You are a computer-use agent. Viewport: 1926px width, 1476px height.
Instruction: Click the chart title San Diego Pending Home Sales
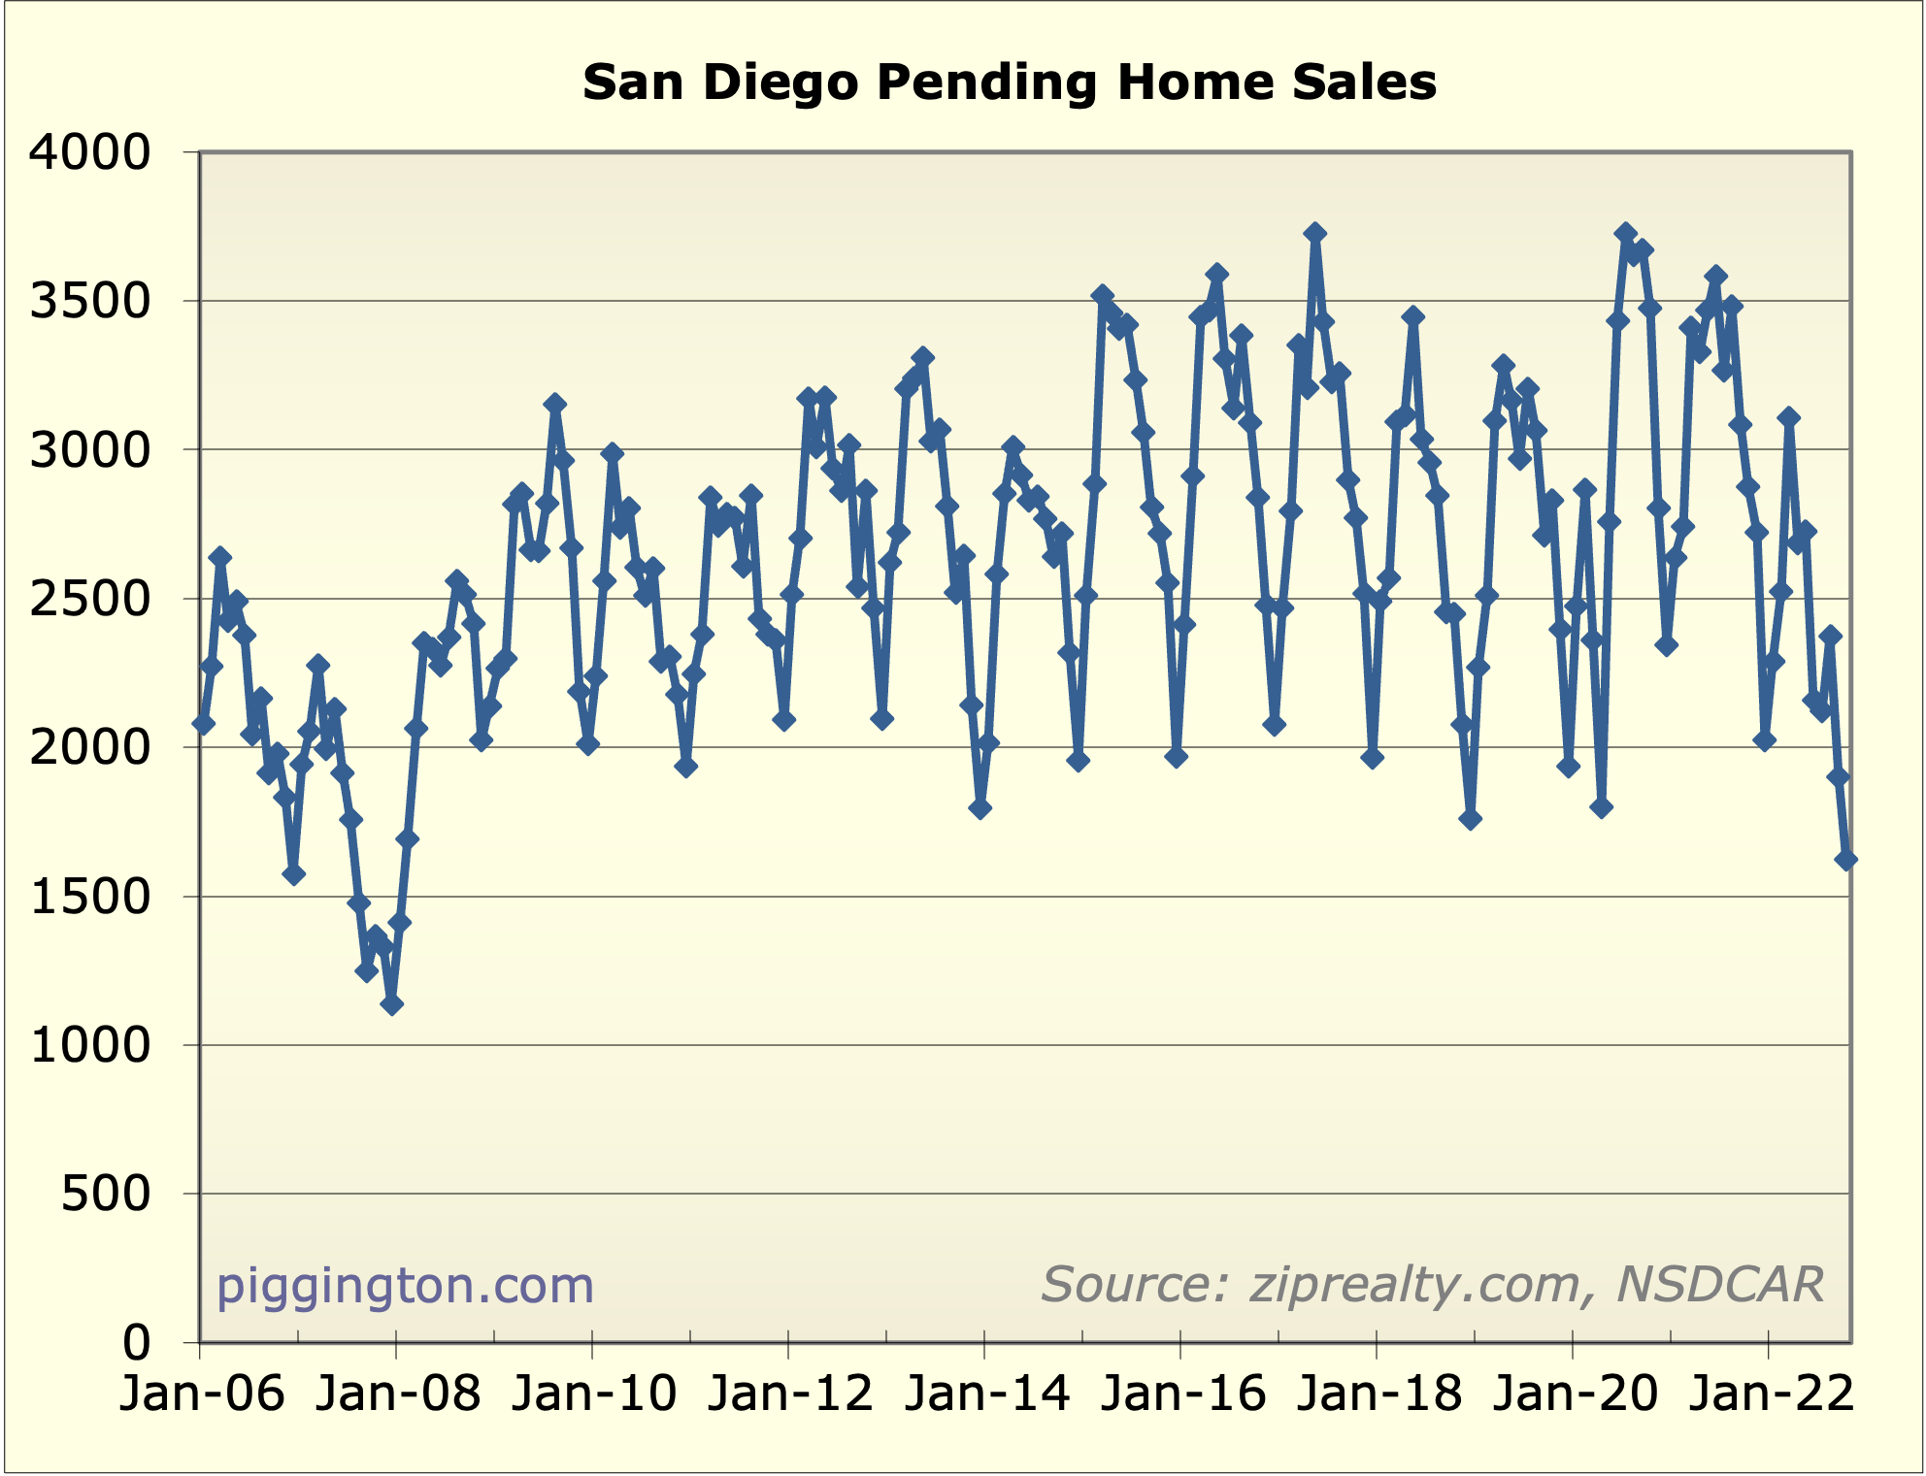tap(1009, 82)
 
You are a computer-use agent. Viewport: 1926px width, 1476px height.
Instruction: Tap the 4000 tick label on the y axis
tap(90, 152)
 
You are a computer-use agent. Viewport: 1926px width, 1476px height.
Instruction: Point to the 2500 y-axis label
tap(90, 599)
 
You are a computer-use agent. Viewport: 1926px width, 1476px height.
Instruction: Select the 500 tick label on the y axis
tap(106, 1194)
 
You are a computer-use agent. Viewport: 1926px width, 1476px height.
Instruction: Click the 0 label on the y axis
tap(137, 1343)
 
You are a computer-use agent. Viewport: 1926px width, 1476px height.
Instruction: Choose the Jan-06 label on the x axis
tap(201, 1394)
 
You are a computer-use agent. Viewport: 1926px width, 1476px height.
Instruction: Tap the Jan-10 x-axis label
tap(593, 1394)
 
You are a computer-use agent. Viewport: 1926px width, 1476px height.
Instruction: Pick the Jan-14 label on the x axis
tap(985, 1394)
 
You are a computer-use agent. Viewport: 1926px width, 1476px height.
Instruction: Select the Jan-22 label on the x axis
tap(1770, 1394)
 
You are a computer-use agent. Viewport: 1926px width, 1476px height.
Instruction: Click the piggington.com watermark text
tap(405, 1286)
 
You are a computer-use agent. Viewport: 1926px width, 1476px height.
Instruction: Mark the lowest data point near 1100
tap(391, 1004)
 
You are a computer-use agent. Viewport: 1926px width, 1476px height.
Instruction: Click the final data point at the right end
tap(1845, 860)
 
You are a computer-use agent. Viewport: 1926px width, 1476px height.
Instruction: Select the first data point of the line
tap(203, 724)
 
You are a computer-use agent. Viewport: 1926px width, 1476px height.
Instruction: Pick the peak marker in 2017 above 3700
tap(1315, 233)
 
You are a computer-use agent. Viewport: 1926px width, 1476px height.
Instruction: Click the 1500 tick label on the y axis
tap(90, 897)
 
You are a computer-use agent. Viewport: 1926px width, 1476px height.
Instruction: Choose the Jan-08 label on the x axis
tap(397, 1394)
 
